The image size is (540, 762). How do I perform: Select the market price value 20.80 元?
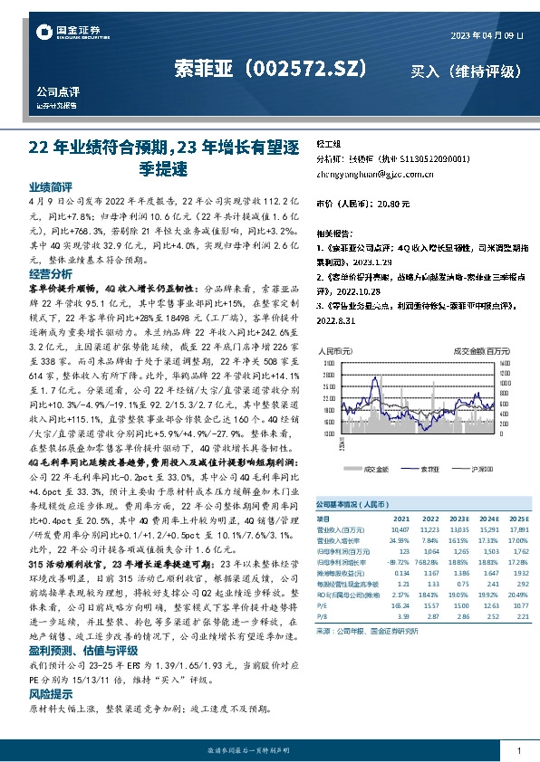pos(393,204)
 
